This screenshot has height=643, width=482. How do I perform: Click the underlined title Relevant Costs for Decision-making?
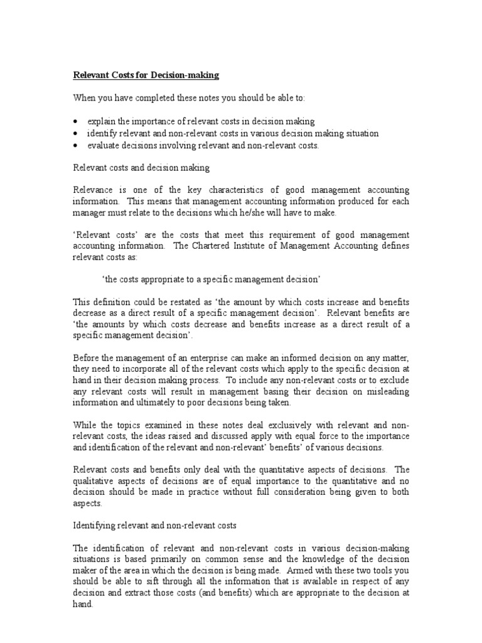[146, 75]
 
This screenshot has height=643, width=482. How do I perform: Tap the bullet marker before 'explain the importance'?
[76, 121]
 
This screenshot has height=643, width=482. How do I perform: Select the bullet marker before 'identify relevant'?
[76, 134]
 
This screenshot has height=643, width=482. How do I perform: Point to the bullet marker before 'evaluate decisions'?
[76, 146]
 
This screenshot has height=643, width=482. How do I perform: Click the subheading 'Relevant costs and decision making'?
[141, 168]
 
